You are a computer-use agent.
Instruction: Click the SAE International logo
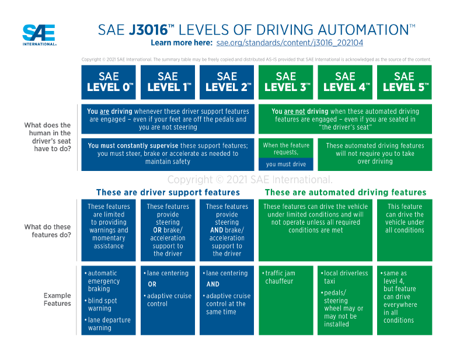pyautogui.click(x=39, y=34)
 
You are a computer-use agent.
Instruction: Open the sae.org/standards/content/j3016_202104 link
pyautogui.click(x=291, y=43)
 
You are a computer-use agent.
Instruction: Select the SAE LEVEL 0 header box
pyautogui.click(x=109, y=82)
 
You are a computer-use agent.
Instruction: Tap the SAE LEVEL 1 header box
pyautogui.click(x=168, y=82)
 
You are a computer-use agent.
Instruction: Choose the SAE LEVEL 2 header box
pyautogui.click(x=226, y=82)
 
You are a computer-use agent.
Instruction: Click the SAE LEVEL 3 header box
pyautogui.click(x=286, y=82)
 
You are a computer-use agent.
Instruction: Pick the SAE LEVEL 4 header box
pyautogui.click(x=345, y=82)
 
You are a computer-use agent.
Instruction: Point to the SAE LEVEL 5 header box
pyautogui.click(x=404, y=82)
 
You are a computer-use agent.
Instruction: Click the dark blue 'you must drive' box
pyautogui.click(x=286, y=164)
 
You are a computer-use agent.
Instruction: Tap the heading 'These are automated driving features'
pyautogui.click(x=346, y=192)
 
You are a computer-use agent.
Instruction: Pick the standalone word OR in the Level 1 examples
pyautogui.click(x=152, y=285)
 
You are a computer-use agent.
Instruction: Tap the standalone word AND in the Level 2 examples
pyautogui.click(x=213, y=285)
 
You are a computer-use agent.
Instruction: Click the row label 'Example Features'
pyautogui.click(x=57, y=300)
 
